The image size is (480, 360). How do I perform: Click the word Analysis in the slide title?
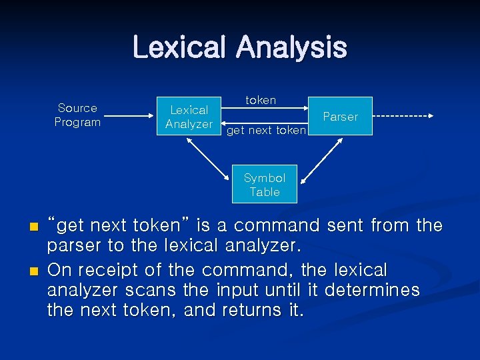click(291, 48)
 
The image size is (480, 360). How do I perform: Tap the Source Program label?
click(77, 115)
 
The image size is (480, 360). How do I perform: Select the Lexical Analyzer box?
click(189, 117)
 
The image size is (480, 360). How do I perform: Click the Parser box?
click(340, 117)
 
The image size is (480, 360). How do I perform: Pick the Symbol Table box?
click(265, 185)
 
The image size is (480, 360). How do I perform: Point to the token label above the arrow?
click(261, 100)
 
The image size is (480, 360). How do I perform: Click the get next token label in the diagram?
click(266, 131)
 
